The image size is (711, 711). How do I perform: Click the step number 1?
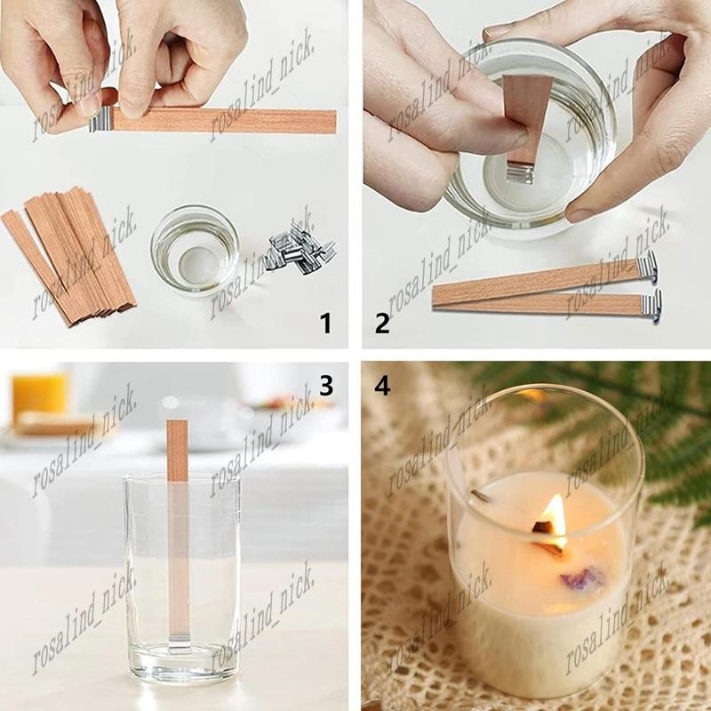tap(325, 324)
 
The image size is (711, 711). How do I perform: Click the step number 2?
tap(382, 324)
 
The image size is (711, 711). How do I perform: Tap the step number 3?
tap(326, 385)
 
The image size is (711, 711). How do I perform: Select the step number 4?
tap(382, 386)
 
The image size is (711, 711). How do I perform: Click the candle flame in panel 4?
tap(556, 520)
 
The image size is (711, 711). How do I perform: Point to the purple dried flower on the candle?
tap(582, 578)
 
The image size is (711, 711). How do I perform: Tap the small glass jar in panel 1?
tap(195, 250)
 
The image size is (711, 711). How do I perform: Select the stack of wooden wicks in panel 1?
tap(69, 255)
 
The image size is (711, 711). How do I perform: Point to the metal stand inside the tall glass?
tap(180, 650)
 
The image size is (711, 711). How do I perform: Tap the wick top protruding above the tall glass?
tap(177, 450)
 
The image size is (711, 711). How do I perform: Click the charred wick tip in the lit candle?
tap(543, 527)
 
